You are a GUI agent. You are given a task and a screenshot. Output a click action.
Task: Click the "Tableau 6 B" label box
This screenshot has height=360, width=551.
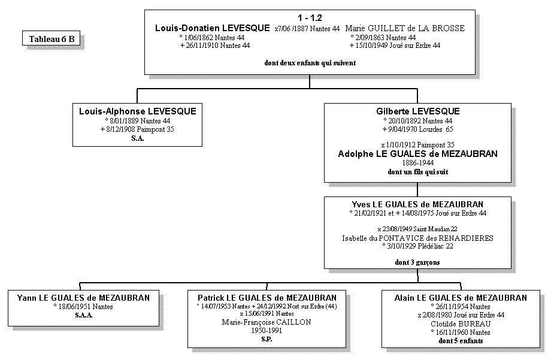52,39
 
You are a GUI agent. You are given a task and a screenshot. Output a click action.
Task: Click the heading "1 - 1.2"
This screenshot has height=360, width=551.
310,18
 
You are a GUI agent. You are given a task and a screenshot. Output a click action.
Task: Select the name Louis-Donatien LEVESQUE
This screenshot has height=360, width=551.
213,28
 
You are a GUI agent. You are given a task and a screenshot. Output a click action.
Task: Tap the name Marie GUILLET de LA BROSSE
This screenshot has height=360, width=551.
405,28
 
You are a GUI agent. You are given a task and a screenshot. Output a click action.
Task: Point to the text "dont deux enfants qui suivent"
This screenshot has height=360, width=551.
310,62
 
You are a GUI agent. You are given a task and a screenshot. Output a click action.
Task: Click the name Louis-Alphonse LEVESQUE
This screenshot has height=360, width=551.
138,111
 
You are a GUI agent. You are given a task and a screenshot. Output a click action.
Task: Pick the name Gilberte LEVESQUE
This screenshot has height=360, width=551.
418,111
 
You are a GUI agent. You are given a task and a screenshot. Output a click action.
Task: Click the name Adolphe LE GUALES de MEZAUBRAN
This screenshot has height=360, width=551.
418,154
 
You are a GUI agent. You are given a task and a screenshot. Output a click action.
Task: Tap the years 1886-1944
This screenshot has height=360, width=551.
418,163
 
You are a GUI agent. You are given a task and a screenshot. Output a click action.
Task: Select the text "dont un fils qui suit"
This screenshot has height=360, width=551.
418,172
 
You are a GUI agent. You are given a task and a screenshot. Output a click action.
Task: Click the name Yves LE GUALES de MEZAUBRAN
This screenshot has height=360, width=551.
418,204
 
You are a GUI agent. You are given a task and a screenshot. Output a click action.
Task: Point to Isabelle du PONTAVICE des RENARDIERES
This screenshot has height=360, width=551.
418,238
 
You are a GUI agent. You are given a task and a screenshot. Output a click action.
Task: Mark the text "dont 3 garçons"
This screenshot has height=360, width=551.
418,262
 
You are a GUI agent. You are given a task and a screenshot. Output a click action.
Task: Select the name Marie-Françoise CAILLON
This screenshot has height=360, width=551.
267,322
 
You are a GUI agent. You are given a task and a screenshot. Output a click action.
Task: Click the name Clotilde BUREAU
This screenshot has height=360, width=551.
461,324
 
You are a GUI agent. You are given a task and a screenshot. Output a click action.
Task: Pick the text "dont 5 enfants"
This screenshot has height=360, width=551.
461,341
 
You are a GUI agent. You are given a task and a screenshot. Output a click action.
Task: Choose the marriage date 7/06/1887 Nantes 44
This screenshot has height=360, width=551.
307,29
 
